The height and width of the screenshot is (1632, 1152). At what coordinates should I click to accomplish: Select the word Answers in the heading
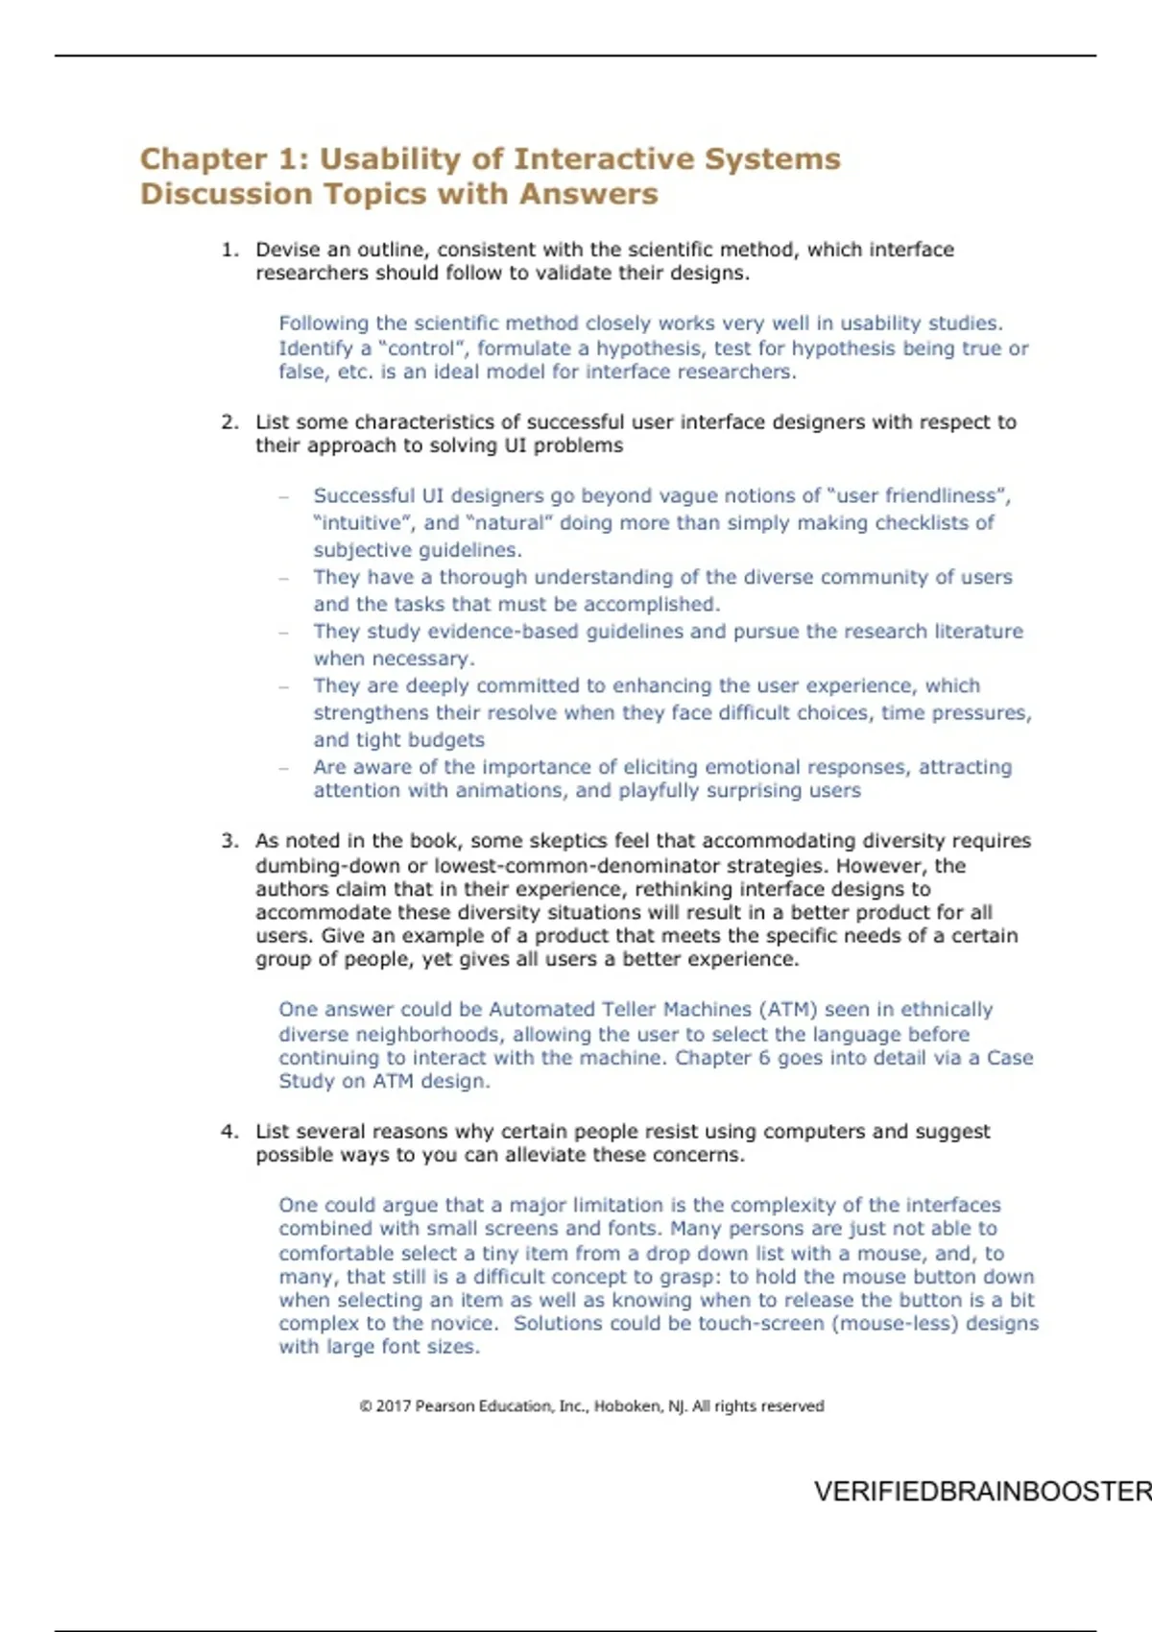click(x=588, y=194)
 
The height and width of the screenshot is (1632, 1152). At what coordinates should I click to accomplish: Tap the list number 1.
click(x=228, y=250)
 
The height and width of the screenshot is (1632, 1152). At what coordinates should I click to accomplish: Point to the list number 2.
click(x=228, y=422)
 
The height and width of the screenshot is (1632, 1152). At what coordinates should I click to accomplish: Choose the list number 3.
click(x=228, y=841)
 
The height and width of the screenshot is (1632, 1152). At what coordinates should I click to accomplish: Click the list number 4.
click(x=228, y=1132)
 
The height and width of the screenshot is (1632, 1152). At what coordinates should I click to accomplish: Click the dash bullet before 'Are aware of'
click(x=284, y=768)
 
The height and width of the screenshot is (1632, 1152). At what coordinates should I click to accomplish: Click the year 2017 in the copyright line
click(x=393, y=1406)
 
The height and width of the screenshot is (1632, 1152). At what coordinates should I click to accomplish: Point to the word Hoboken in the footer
click(x=627, y=1406)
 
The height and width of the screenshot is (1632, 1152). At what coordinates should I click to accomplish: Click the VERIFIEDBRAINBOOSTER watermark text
click(x=982, y=1492)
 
